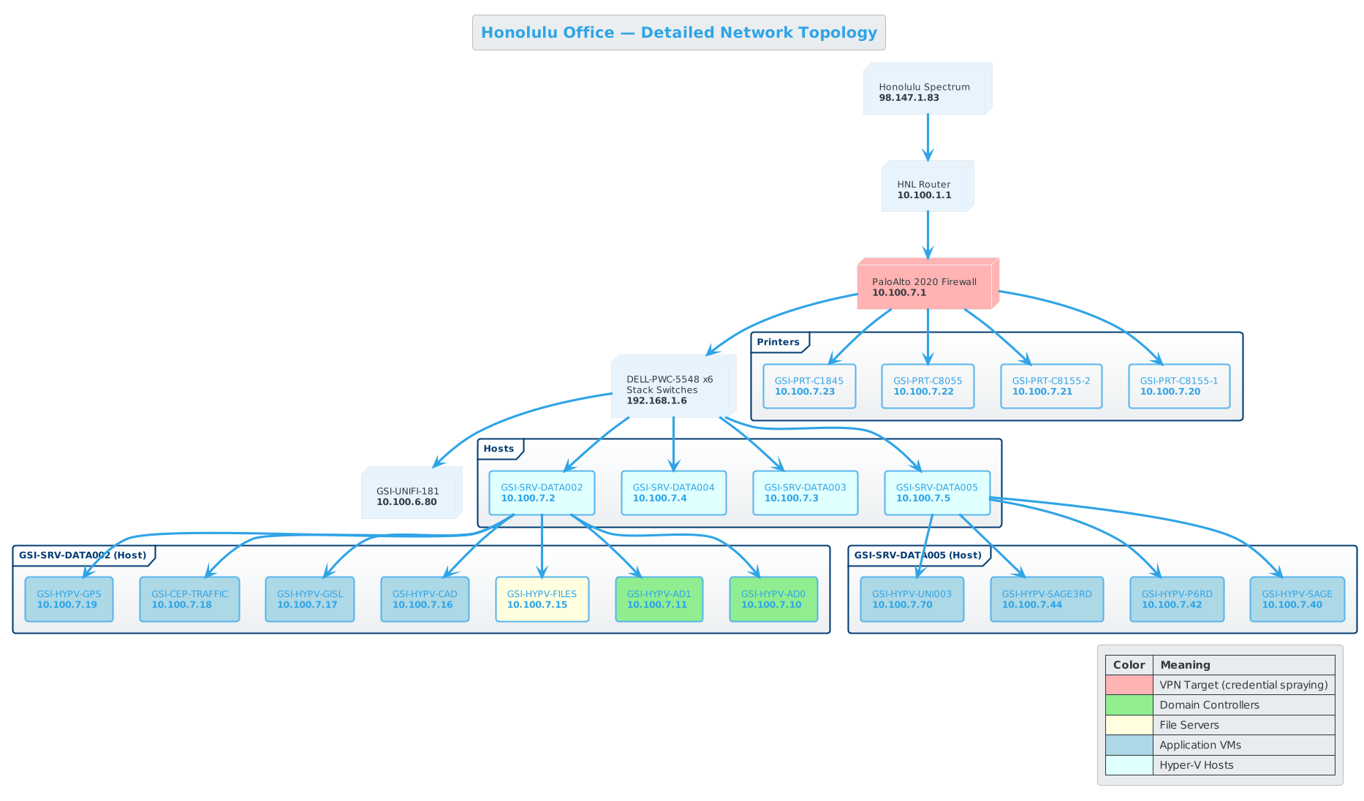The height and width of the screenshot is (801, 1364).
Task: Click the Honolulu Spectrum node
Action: pyautogui.click(x=924, y=92)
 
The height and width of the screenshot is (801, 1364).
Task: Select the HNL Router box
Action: pyautogui.click(x=924, y=189)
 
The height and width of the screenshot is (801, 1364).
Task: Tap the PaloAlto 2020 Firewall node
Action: pyautogui.click(x=924, y=286)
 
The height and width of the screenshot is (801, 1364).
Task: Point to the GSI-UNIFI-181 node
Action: pyautogui.click(x=408, y=496)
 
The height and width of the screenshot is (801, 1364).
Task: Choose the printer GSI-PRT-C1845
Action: pyautogui.click(x=809, y=386)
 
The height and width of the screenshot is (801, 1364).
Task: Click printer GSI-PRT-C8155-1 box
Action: pyautogui.click(x=1178, y=386)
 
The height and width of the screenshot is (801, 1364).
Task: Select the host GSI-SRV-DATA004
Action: pyautogui.click(x=673, y=493)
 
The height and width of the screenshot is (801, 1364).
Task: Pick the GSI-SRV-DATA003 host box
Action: pyautogui.click(x=805, y=493)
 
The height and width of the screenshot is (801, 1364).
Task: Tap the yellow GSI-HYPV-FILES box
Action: pyautogui.click(x=542, y=599)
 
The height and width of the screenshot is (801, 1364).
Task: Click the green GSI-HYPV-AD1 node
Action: pyautogui.click(x=659, y=599)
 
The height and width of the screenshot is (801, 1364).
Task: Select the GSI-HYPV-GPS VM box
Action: pyautogui.click(x=69, y=599)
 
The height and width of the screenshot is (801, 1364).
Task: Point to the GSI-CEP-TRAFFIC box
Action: pyautogui.click(x=189, y=599)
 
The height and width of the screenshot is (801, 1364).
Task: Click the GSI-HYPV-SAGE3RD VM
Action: pyautogui.click(x=1046, y=599)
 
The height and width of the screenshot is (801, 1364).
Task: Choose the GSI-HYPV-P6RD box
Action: pyautogui.click(x=1176, y=599)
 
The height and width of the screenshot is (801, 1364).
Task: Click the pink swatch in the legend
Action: pyautogui.click(x=1129, y=685)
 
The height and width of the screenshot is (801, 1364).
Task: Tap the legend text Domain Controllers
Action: pyautogui.click(x=1209, y=705)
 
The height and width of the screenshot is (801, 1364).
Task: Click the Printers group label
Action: pyautogui.click(x=778, y=342)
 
